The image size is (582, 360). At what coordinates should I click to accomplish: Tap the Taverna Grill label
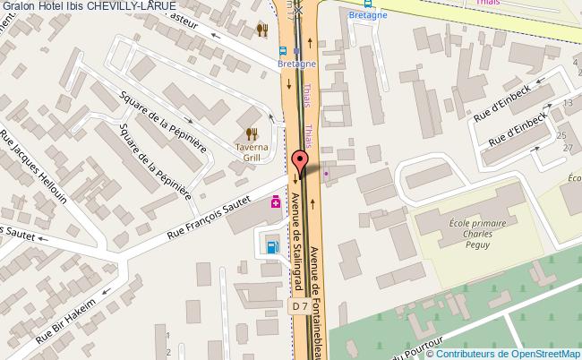(252, 148)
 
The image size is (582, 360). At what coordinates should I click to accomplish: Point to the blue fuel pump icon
(270, 245)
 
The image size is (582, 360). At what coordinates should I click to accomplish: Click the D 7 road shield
(301, 305)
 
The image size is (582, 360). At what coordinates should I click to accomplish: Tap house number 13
(566, 103)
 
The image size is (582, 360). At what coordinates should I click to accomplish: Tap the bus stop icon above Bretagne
(283, 51)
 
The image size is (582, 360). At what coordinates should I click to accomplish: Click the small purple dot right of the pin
(326, 173)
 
